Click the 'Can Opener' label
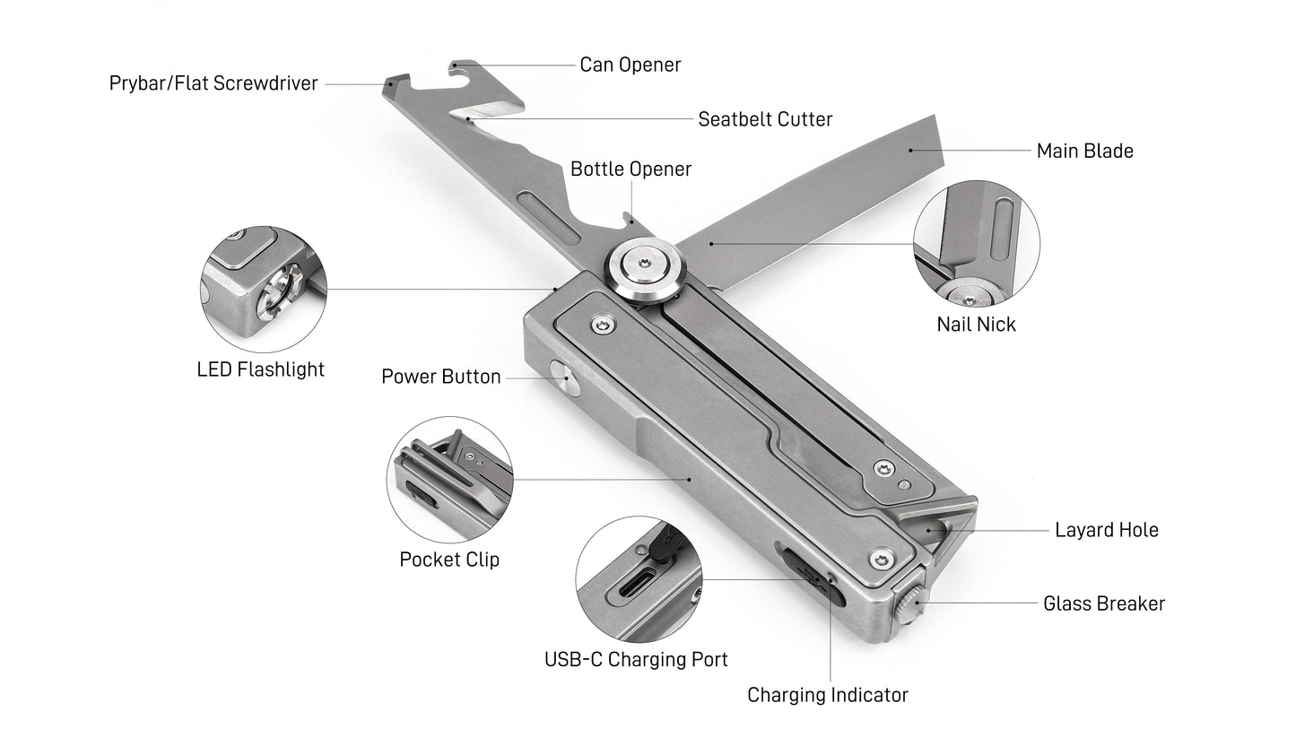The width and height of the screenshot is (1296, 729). pos(630,65)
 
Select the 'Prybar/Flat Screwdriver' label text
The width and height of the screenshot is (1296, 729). pos(213,83)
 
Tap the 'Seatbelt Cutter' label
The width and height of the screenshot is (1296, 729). pos(765,118)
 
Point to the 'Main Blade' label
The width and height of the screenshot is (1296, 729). pos(1084,151)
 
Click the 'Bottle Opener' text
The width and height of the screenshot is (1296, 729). pos(631,169)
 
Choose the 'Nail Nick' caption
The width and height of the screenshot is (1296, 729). pos(976,324)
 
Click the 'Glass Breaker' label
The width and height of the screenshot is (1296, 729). pos(1103,603)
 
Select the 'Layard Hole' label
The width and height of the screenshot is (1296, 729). pos(1106,530)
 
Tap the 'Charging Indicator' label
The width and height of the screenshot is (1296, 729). pos(827,695)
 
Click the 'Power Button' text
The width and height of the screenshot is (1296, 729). pos(440,376)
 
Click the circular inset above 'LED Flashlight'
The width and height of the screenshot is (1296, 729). pos(263,289)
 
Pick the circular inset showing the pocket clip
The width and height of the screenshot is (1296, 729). pos(449,479)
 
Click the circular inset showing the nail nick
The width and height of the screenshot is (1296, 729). pos(976,243)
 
